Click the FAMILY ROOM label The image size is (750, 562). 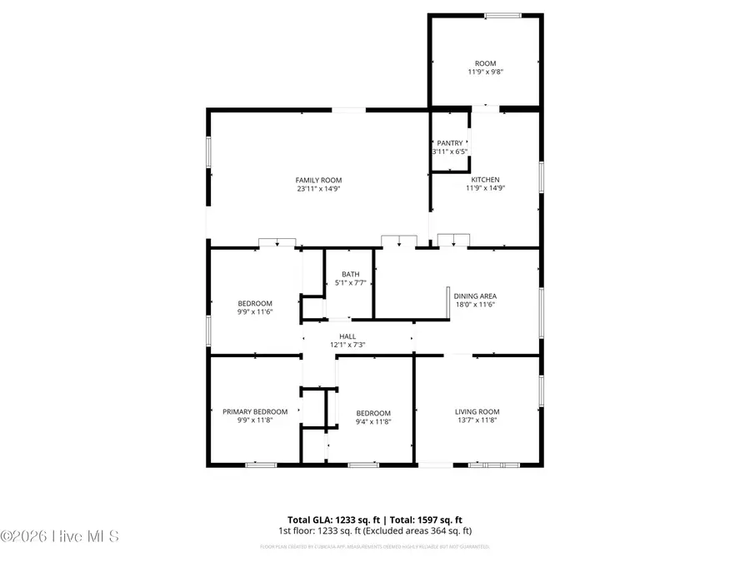coord(318,180)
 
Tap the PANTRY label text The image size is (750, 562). coord(449,143)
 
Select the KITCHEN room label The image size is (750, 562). coord(485,179)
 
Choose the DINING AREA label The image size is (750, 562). coord(475,296)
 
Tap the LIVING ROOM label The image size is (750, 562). coord(477,411)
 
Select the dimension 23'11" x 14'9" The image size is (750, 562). coord(318,189)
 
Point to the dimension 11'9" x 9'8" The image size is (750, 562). coord(485,72)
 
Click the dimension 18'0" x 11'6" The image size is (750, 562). coord(475,305)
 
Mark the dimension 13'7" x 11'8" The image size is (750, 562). coord(477,420)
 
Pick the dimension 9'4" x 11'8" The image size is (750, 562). coord(373,422)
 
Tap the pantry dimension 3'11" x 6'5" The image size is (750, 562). coord(449,152)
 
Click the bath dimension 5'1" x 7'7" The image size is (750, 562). coord(350,283)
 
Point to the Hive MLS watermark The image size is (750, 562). coord(60,535)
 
